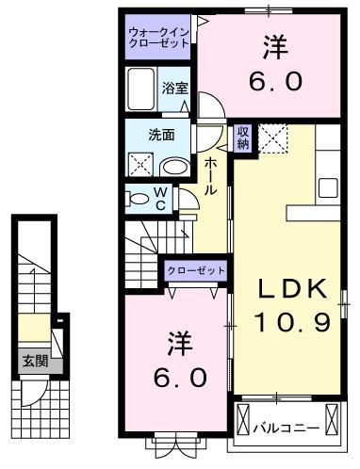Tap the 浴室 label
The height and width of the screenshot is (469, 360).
pyautogui.click(x=173, y=89)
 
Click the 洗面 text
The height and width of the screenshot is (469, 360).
pyautogui.click(x=161, y=135)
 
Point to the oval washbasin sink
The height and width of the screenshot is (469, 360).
pyautogui.click(x=175, y=168)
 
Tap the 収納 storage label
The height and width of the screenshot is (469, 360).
pyautogui.click(x=243, y=137)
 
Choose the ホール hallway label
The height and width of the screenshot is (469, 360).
pyautogui.click(x=211, y=176)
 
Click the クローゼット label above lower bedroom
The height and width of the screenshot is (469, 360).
pyautogui.click(x=196, y=271)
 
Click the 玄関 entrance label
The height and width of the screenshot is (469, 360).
pyautogui.click(x=31, y=361)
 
